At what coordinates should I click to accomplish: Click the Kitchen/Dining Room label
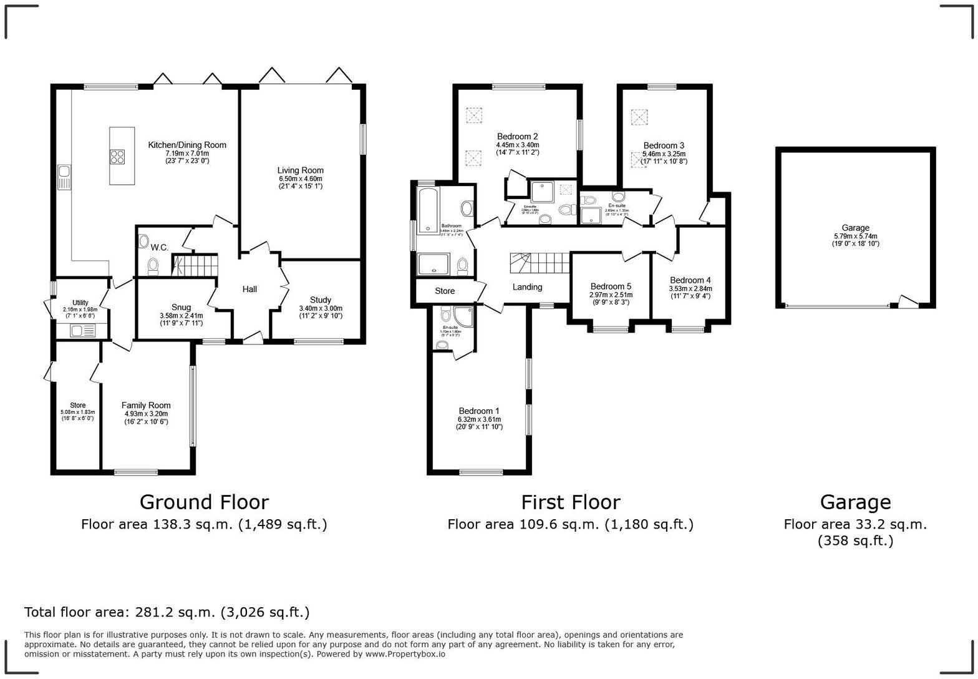pyautogui.click(x=187, y=145)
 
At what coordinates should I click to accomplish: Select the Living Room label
pyautogui.click(x=301, y=170)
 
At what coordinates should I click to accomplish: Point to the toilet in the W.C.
pyautogui.click(x=153, y=267)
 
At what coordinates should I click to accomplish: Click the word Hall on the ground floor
pyautogui.click(x=249, y=289)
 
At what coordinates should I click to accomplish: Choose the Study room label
pyautogui.click(x=321, y=300)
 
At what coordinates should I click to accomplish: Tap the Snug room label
pyautogui.click(x=181, y=307)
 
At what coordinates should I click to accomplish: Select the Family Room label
pyautogui.click(x=146, y=406)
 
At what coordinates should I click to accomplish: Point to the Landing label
pyautogui.click(x=527, y=287)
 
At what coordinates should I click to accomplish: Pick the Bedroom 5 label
pyautogui.click(x=611, y=286)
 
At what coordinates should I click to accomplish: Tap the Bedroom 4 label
pyautogui.click(x=690, y=280)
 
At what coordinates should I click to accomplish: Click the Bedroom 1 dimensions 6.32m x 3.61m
pyautogui.click(x=480, y=419)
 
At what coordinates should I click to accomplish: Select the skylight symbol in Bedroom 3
pyautogui.click(x=639, y=117)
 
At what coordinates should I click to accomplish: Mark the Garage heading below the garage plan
pyautogui.click(x=855, y=502)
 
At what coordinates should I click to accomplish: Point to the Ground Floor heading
pyautogui.click(x=204, y=502)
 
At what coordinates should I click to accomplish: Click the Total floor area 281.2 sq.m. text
pyautogui.click(x=167, y=612)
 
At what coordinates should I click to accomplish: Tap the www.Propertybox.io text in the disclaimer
pyautogui.click(x=405, y=654)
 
